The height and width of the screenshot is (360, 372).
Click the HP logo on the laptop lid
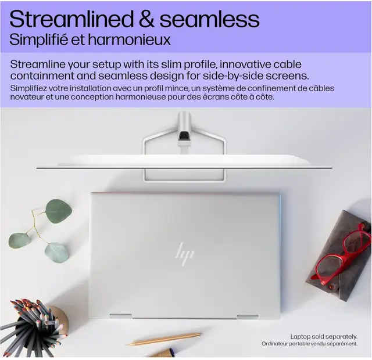(184, 254)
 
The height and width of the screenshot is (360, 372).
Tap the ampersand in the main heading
(147, 19)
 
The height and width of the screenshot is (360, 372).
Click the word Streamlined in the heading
(71, 19)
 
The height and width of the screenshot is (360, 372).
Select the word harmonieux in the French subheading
(129, 40)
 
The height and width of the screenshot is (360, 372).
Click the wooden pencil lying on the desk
(163, 339)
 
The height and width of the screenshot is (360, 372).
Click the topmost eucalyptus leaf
(58, 211)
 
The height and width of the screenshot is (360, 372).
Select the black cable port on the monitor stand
(184, 135)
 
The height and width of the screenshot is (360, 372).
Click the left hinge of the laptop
(121, 316)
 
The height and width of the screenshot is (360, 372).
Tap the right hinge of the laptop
(248, 317)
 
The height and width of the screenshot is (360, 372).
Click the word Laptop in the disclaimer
(301, 337)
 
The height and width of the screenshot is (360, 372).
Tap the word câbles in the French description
(321, 88)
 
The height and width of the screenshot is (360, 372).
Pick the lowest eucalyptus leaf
(57, 253)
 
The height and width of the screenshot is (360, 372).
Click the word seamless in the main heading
(209, 19)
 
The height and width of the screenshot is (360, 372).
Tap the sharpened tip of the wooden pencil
(127, 345)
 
